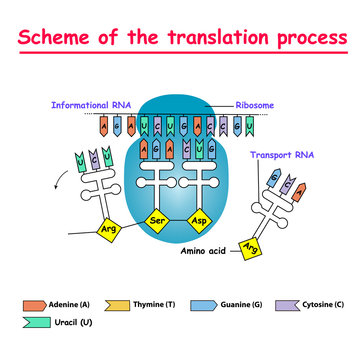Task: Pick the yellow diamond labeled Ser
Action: (155, 219)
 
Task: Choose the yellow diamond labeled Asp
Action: (208, 219)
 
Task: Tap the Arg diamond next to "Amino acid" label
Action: (251, 253)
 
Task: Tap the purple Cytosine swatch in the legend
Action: (285, 301)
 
